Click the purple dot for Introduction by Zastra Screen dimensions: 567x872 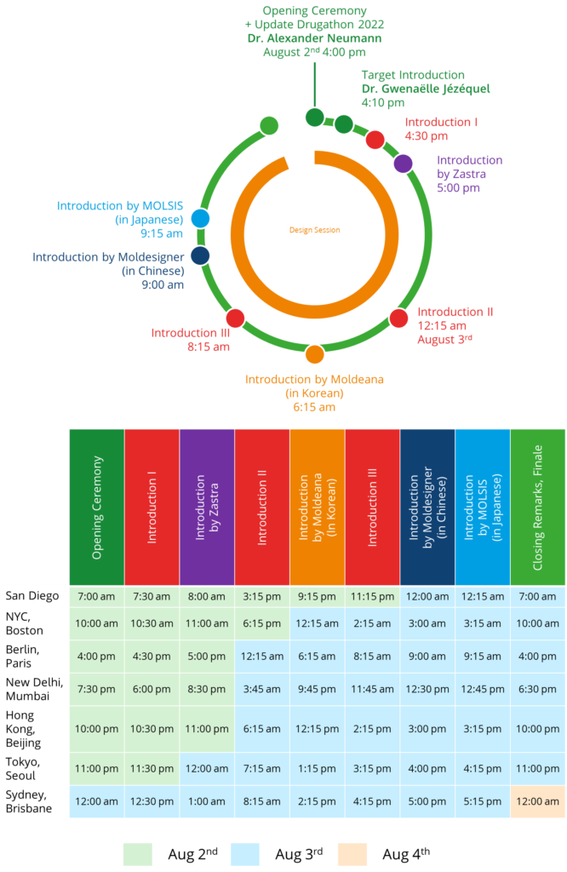(x=403, y=163)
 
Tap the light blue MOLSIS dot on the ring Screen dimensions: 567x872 (x=201, y=219)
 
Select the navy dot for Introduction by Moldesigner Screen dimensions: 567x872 (x=200, y=255)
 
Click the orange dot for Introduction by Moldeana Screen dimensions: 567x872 (x=315, y=354)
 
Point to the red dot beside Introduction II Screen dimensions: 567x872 (x=398, y=318)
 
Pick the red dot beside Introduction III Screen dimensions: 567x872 (x=236, y=318)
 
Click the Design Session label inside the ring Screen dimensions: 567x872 (x=315, y=230)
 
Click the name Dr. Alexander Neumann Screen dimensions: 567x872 (x=315, y=38)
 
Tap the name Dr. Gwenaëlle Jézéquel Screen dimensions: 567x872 (x=426, y=89)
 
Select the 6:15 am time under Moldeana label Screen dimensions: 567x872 (x=315, y=407)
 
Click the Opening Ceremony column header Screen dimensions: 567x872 (x=97, y=508)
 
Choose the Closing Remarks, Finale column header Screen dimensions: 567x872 (x=537, y=508)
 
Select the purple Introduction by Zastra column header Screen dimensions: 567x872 (x=207, y=508)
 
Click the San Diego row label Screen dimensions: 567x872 (x=32, y=596)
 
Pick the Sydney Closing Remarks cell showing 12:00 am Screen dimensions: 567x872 (x=537, y=801)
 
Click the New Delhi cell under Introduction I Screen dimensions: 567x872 (x=152, y=689)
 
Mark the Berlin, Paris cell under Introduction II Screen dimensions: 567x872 (x=262, y=657)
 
